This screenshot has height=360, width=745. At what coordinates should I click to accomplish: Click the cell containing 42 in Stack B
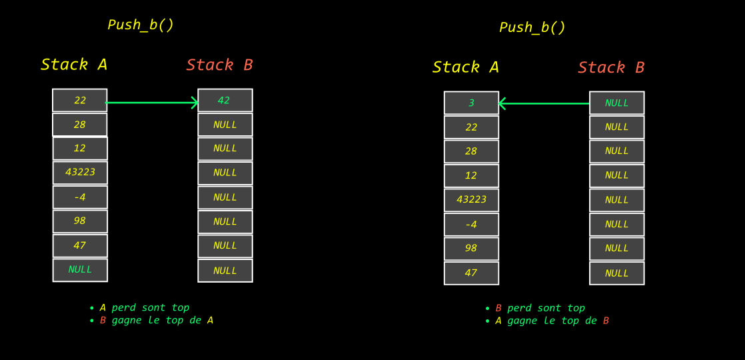click(225, 101)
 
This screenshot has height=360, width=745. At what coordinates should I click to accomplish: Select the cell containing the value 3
click(471, 103)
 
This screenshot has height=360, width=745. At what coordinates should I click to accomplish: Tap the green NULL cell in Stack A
click(80, 270)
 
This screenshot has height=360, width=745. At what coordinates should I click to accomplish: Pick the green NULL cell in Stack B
click(616, 103)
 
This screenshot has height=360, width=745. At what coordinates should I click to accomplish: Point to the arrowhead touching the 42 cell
click(195, 103)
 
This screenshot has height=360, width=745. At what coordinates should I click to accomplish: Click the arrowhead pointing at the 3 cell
click(502, 103)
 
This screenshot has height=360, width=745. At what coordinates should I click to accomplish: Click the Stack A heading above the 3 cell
click(465, 67)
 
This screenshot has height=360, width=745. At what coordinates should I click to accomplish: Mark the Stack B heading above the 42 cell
click(219, 65)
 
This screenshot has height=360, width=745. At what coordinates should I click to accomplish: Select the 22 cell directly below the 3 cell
click(471, 127)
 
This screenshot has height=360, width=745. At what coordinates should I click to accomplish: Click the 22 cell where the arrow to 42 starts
click(80, 101)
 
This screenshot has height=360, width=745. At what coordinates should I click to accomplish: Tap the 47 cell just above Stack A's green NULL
click(80, 245)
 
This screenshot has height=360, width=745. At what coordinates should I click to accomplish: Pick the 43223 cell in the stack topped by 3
click(471, 200)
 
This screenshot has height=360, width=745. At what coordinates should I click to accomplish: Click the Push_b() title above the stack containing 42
click(141, 25)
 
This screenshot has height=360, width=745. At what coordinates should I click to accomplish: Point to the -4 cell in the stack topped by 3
click(471, 225)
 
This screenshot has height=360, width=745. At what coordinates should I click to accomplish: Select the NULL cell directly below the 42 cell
click(225, 125)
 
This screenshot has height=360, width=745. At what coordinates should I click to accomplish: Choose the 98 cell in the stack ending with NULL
click(80, 221)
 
